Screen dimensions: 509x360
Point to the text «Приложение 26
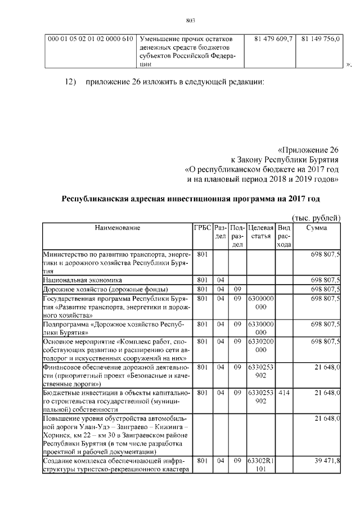click(x=309, y=150)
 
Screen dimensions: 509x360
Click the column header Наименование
click(x=117, y=228)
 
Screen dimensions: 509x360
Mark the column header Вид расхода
click(x=284, y=236)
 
